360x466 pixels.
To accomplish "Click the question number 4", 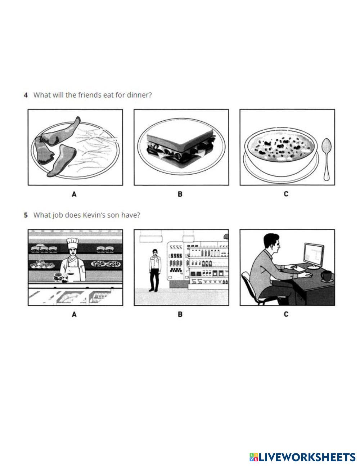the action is point(26,95).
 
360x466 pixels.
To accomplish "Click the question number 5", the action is point(26,215).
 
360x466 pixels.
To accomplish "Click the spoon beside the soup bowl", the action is point(327,159).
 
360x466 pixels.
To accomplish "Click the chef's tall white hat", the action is point(72,243).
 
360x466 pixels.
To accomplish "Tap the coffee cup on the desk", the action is point(327,276).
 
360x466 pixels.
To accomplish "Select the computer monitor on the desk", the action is point(314,256).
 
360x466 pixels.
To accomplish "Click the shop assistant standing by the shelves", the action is point(155,270).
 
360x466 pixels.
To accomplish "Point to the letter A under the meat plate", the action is point(74,194).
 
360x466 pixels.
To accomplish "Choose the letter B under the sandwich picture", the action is point(180,194).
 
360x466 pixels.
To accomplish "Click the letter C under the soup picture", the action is point(286,194).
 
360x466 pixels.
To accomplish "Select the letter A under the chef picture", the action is point(74,315).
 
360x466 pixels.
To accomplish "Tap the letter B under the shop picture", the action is point(180,315).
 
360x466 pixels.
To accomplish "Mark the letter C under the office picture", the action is point(286,314).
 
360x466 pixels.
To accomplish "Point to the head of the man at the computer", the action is point(272,243).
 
